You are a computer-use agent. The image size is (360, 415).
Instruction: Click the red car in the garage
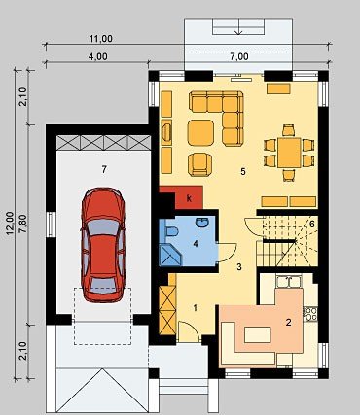103,245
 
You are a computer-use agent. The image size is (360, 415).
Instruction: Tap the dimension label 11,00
101,39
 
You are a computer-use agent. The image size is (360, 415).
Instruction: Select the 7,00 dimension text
239,56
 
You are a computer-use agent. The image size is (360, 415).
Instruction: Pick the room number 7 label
104,169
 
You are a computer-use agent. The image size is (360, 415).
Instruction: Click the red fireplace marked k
182,197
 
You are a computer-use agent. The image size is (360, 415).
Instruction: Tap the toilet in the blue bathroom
171,232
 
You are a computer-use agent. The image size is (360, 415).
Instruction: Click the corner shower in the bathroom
170,255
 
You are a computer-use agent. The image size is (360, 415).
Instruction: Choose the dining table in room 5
289,153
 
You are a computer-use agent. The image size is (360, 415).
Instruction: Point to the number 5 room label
243,171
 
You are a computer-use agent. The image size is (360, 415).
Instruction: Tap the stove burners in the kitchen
310,314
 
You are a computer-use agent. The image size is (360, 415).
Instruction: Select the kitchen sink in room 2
289,282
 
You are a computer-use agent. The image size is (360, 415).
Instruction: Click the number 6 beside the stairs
311,224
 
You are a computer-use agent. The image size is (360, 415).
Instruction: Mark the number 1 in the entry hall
196,308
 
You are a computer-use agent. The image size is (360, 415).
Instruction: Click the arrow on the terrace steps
239,26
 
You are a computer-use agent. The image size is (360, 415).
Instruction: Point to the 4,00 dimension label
98,56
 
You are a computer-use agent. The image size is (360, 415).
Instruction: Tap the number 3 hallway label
239,267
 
